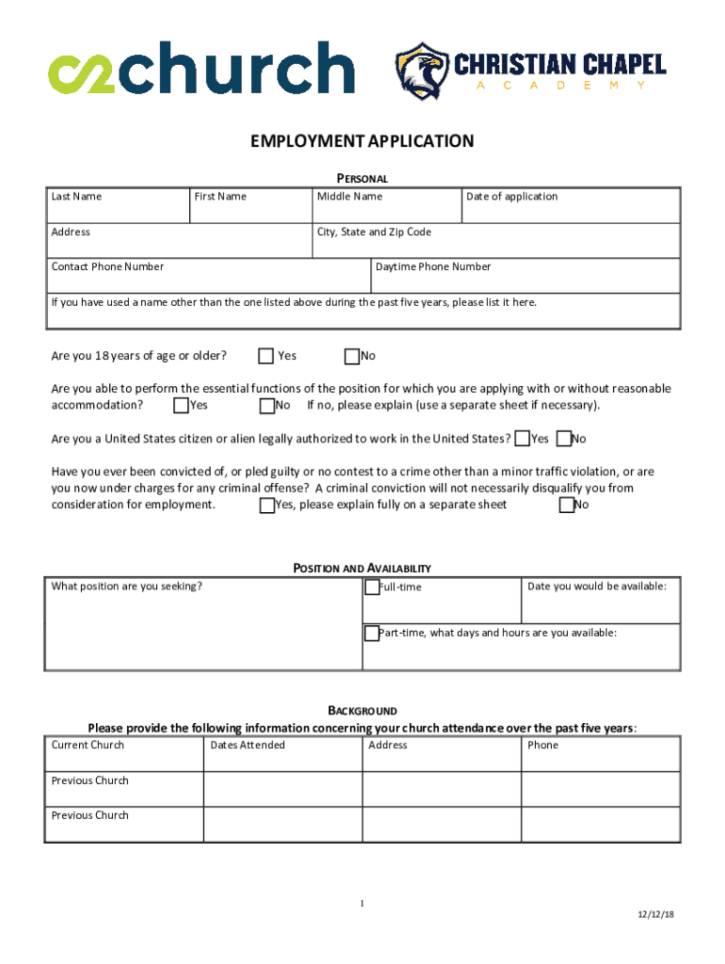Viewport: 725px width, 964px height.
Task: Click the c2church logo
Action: point(201,67)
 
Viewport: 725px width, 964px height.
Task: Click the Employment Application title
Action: point(362,142)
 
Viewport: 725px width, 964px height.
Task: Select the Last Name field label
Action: point(76,197)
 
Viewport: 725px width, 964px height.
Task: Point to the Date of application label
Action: point(511,197)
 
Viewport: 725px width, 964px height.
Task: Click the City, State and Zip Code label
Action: point(374,232)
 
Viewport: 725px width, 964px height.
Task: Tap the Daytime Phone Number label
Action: point(433,266)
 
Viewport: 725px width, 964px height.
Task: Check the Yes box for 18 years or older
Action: point(266,356)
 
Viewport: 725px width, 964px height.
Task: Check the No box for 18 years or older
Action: point(352,356)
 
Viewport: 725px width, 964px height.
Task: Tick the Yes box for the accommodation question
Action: point(182,406)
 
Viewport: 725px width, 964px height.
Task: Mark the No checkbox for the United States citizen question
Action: point(563,439)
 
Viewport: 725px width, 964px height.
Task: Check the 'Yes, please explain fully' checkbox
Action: point(267,506)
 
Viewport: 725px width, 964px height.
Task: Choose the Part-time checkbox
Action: point(372,633)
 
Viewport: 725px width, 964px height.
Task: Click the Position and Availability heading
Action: point(362,569)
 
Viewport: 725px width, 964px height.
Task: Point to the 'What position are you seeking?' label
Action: point(126,586)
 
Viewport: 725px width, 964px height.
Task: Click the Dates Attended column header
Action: point(248,746)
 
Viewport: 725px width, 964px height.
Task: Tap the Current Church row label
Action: point(88,746)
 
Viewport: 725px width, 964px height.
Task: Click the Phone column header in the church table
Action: point(542,746)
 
